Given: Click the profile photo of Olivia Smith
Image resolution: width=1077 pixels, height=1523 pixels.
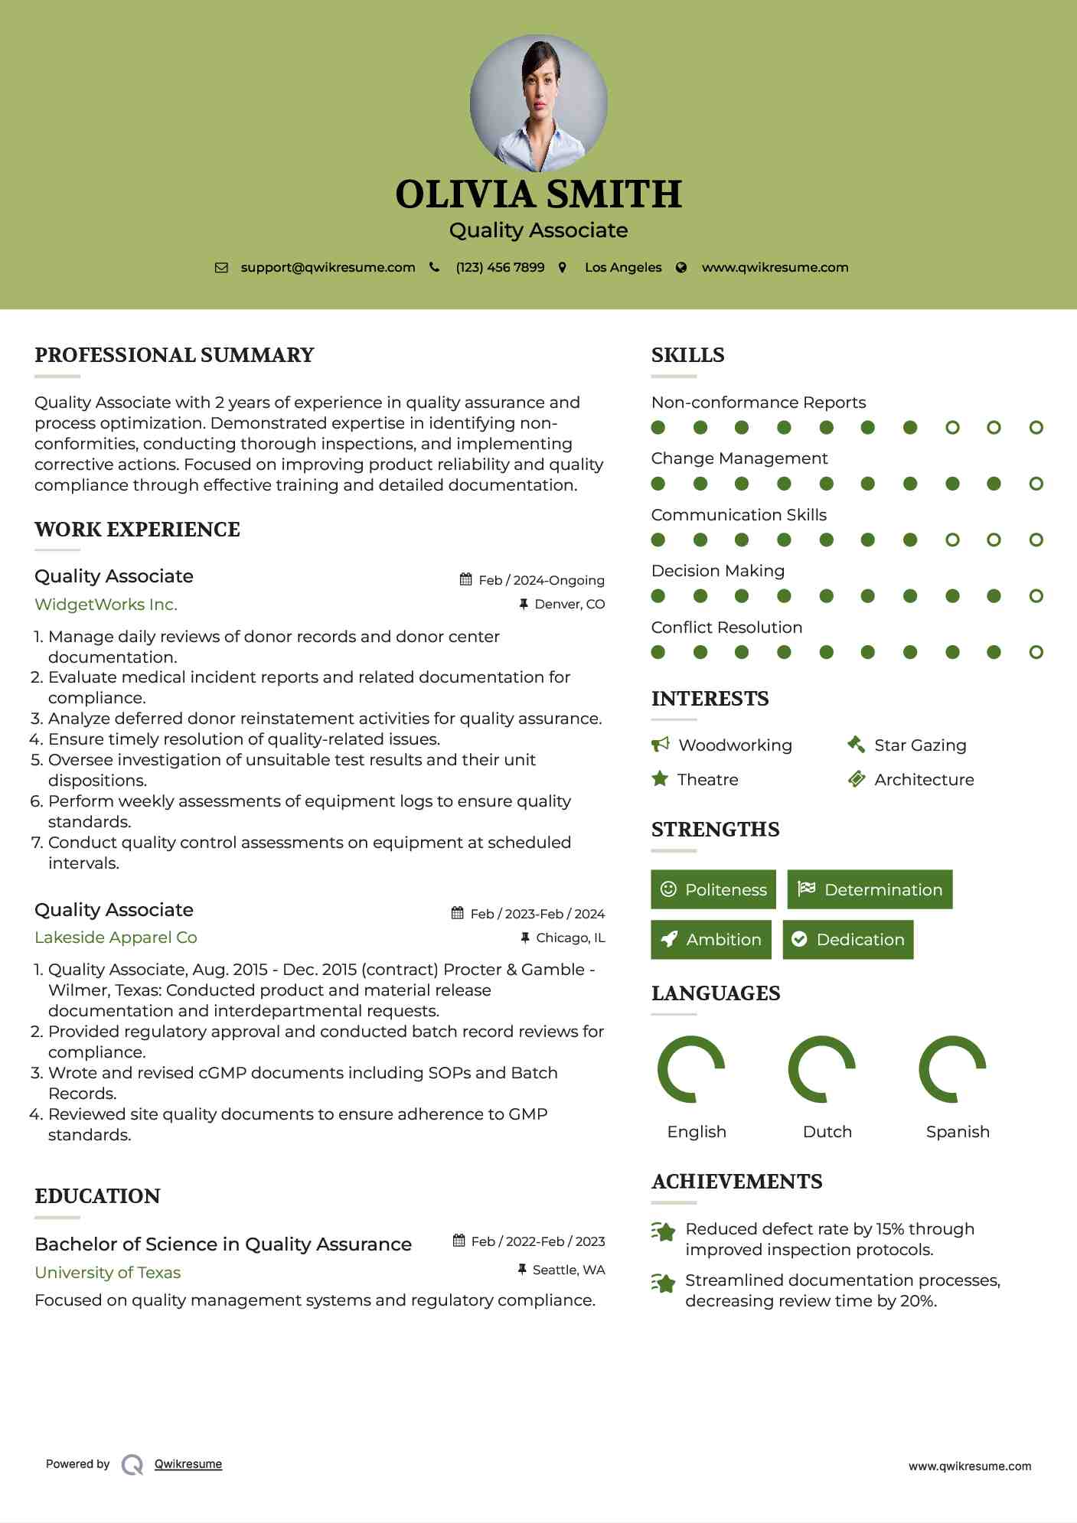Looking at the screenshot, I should point(538,103).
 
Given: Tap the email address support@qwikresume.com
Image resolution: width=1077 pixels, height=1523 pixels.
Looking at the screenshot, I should point(328,268).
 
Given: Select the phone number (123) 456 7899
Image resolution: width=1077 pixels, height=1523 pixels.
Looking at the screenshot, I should point(500,268).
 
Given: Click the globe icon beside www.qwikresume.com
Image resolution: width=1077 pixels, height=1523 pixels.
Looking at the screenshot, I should point(681,268).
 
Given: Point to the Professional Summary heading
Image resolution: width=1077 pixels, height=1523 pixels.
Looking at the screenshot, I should point(175,355).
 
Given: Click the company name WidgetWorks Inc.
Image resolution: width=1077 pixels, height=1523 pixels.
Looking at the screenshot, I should point(106,605).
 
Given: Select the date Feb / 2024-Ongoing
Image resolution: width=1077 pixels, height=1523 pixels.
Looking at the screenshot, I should point(541,580).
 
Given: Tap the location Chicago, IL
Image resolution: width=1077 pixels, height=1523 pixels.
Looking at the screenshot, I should point(570,938).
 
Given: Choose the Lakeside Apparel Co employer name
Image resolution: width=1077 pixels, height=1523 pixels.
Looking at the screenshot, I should point(116,938).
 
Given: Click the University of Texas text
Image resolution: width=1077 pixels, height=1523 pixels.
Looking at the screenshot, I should point(107,1272).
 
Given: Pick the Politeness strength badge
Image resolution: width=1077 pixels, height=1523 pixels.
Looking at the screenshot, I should point(713,889).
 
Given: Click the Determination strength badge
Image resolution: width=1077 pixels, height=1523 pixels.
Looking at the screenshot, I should point(870,889).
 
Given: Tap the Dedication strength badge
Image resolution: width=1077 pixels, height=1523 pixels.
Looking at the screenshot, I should point(848,939).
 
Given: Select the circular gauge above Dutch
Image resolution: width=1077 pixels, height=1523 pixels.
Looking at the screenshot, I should point(821,1069).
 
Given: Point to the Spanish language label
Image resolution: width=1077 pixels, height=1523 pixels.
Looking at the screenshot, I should point(958,1132).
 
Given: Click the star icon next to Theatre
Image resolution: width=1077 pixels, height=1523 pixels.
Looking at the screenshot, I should point(660,779).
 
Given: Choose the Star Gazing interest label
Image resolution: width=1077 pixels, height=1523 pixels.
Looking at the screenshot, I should point(920,745).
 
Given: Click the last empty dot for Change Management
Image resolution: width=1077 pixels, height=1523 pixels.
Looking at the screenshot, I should point(1036,484).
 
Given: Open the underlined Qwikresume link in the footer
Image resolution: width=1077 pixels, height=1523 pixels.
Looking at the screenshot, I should point(188,1464).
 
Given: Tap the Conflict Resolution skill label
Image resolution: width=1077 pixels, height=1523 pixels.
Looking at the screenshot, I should point(726,628).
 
